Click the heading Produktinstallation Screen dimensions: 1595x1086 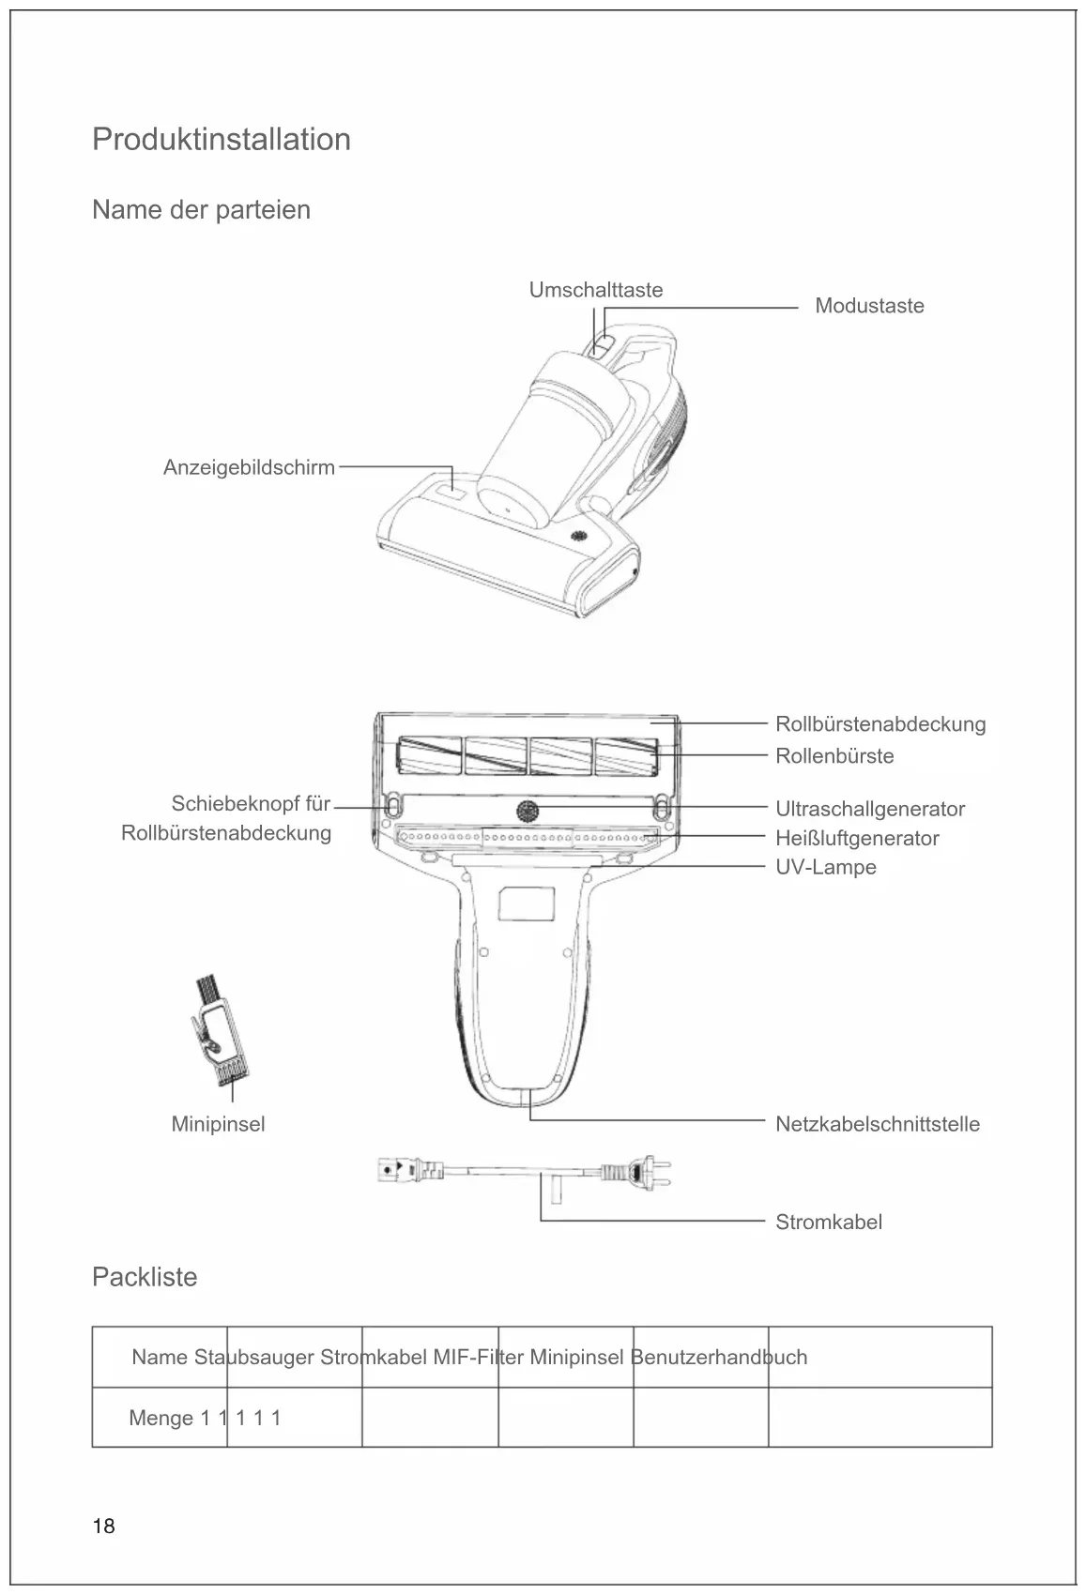(x=222, y=140)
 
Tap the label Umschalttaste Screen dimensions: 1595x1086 (x=595, y=290)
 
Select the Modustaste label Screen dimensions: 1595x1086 (x=869, y=306)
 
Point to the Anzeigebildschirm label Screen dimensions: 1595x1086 (x=249, y=467)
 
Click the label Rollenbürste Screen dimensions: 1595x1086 (x=834, y=756)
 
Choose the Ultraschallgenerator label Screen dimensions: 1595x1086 (x=869, y=809)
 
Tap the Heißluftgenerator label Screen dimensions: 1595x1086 (x=857, y=838)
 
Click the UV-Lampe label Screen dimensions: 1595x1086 (x=825, y=867)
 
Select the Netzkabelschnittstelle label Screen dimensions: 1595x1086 (x=877, y=1124)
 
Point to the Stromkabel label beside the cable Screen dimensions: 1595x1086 (x=828, y=1222)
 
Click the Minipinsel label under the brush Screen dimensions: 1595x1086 (x=218, y=1124)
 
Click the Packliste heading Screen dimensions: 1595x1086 (x=145, y=1277)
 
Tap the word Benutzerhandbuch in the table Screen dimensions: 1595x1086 (x=719, y=1358)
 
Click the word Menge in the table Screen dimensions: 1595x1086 (x=161, y=1418)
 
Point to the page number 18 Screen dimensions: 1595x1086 (x=103, y=1527)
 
